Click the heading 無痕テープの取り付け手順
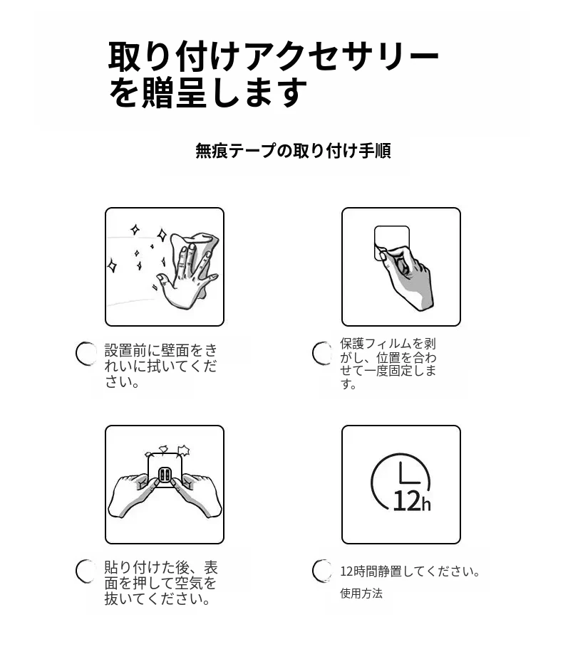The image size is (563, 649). [293, 151]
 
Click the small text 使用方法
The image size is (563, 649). [361, 593]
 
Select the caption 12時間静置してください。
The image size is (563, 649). [410, 571]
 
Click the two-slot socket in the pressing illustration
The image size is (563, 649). [165, 475]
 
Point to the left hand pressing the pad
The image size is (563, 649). [133, 495]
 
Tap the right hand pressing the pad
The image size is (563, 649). [197, 495]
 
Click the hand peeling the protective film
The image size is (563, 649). [406, 278]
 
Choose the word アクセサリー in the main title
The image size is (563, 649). [341, 56]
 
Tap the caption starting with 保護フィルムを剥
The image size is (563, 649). [388, 364]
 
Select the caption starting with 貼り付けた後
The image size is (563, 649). [161, 583]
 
